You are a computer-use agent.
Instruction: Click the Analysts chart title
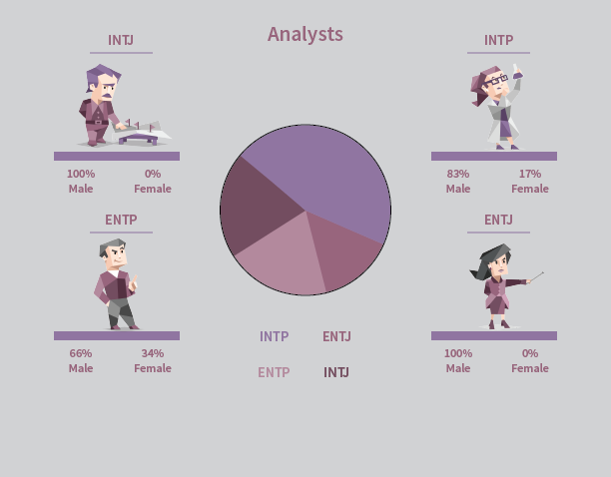point(305,34)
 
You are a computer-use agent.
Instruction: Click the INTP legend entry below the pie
point(275,336)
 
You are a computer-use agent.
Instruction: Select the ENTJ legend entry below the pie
point(336,336)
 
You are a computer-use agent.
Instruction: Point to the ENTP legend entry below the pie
point(274,372)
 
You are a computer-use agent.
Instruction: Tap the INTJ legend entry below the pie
point(336,372)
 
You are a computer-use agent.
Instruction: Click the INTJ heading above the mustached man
point(121,40)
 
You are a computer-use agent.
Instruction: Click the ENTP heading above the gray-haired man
point(121,220)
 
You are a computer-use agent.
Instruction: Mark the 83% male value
point(458,174)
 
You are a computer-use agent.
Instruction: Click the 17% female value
point(530,174)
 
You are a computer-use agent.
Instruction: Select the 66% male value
point(81,353)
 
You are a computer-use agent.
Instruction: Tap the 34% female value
point(153,353)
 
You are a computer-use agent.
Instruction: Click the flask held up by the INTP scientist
point(517,72)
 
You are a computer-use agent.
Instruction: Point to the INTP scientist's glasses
point(495,81)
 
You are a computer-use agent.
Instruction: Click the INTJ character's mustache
point(108,96)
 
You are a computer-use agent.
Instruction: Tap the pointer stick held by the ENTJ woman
point(536,276)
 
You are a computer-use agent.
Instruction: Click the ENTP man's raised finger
point(135,280)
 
